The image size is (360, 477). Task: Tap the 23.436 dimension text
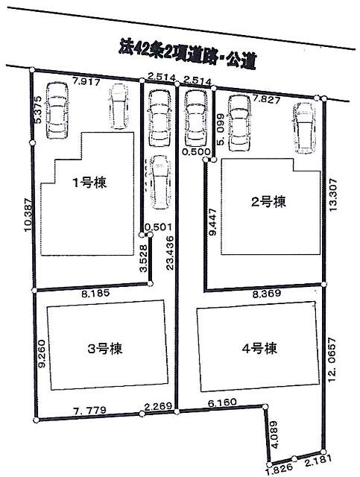(172, 253)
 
